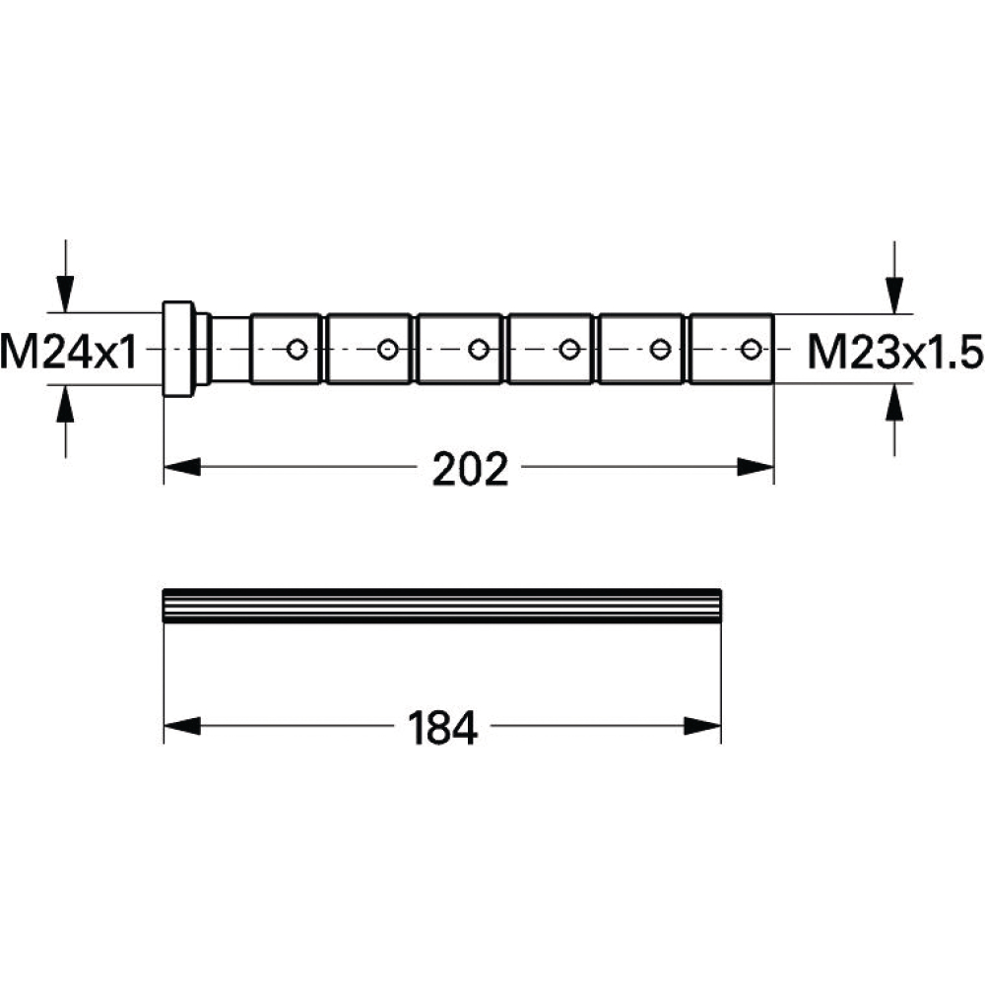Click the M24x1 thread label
tap(69, 351)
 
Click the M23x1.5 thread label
tap(895, 352)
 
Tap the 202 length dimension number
tap(470, 469)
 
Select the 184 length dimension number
tap(442, 728)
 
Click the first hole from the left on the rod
tap(296, 349)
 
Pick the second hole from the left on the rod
tap(387, 349)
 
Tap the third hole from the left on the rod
tap(479, 349)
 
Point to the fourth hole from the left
tap(569, 349)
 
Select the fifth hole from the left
tap(660, 349)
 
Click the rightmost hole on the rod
tap(752, 349)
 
